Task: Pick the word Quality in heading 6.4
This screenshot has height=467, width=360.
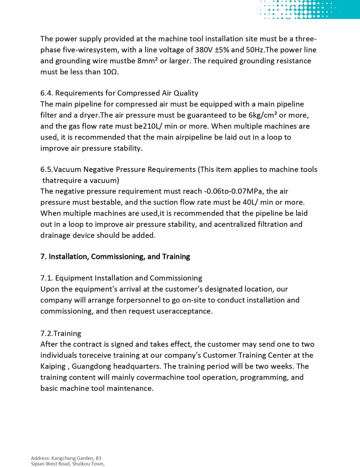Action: pyautogui.click(x=186, y=93)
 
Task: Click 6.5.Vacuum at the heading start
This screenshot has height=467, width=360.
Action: pyautogui.click(x=61, y=169)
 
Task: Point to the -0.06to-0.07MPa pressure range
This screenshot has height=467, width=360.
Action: pyautogui.click(x=233, y=191)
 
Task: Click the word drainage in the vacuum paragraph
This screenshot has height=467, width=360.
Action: pyautogui.click(x=55, y=235)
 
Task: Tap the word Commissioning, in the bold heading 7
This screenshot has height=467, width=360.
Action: pyautogui.click(x=118, y=257)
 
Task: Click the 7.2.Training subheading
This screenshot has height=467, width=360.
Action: pyautogui.click(x=61, y=333)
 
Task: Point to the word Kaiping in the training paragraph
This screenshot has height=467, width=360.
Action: pyautogui.click(x=53, y=366)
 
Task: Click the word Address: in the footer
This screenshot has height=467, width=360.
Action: pyautogui.click(x=40, y=458)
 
